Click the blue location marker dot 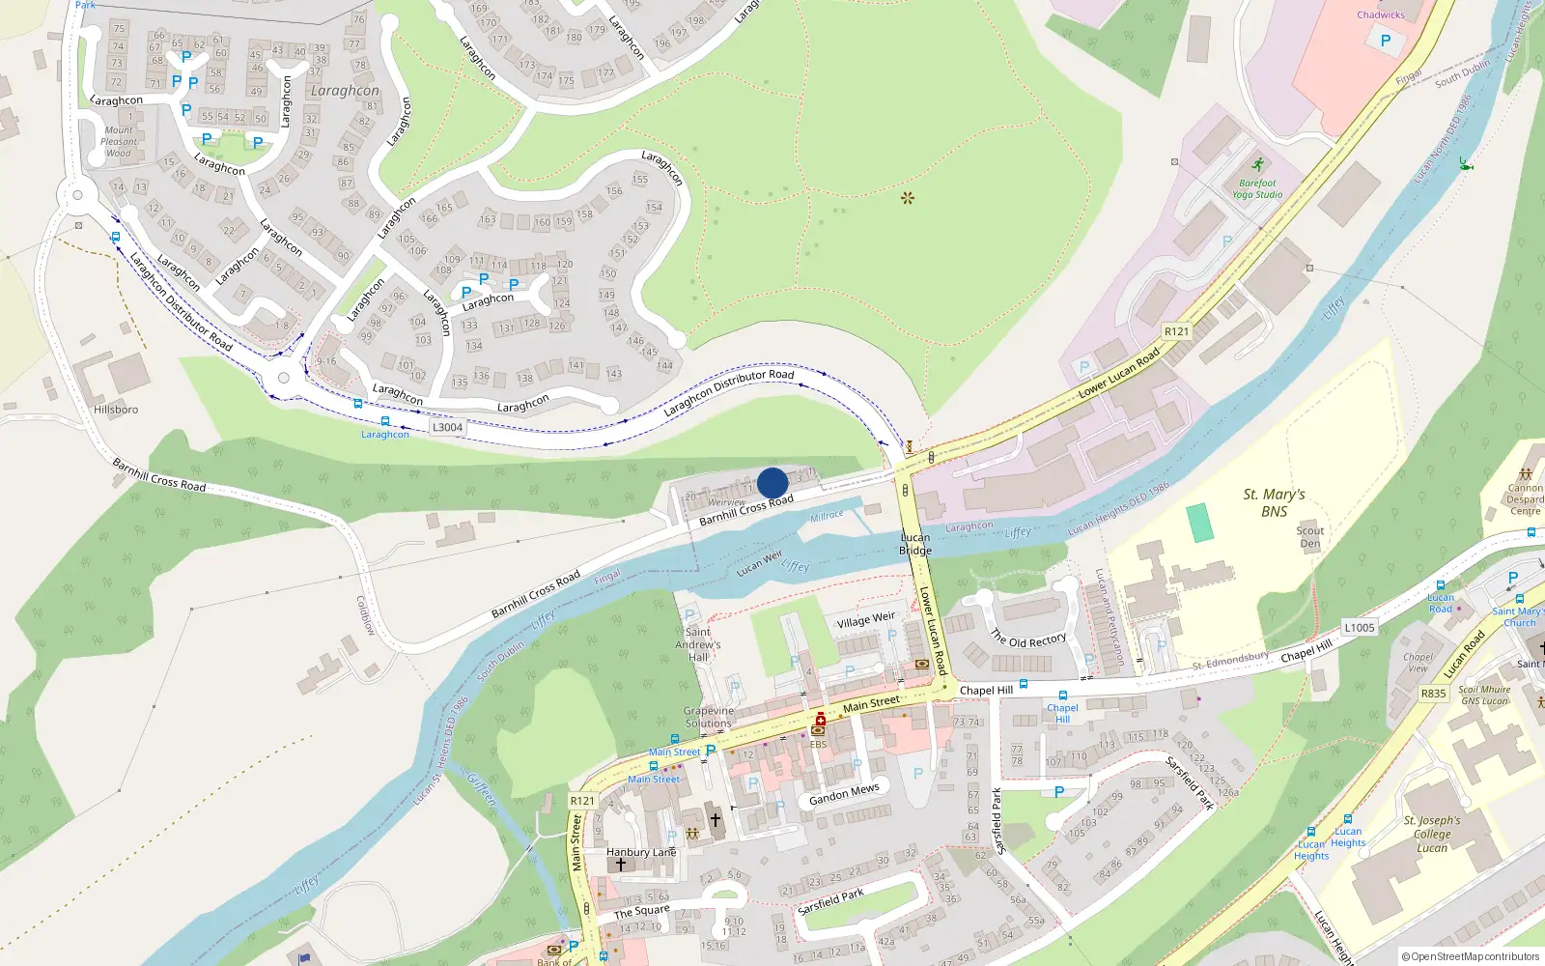pos(772,483)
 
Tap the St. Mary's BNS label pos(1274,502)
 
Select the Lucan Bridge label pos(915,544)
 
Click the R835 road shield pos(1433,694)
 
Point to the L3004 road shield pos(447,427)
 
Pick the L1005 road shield pos(1359,628)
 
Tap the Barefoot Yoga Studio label pos(1256,188)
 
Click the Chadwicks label pos(1380,14)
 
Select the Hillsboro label pos(116,410)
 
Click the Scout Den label pos(1310,537)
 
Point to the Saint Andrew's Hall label pos(697,644)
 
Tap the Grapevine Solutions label pos(709,717)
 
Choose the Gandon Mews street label pos(844,794)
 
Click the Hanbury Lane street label pos(641,852)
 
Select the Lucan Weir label pos(759,563)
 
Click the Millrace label pos(827,516)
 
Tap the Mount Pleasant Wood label pos(119,141)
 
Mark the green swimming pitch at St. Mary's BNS pos(1198,523)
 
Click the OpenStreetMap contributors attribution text pos(1470,957)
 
